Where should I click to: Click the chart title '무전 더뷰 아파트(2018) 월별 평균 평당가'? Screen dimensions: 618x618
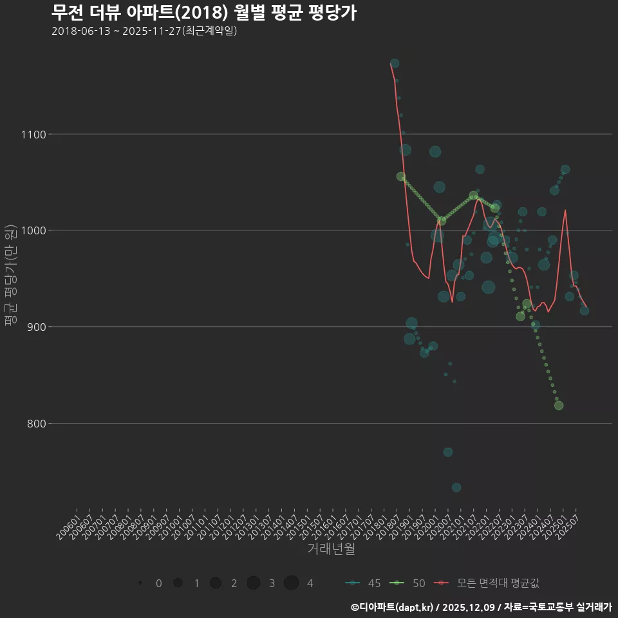pos(203,13)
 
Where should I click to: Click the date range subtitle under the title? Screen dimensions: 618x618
pos(144,31)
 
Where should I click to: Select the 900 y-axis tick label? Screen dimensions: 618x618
pos(33,327)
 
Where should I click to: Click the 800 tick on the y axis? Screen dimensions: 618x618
pos(33,424)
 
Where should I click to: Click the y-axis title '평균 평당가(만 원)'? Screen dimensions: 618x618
pos(10,276)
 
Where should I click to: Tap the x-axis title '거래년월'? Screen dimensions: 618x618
pos(331,549)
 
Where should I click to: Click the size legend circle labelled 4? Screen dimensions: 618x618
pos(291,583)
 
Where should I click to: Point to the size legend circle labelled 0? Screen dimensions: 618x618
pos(140,583)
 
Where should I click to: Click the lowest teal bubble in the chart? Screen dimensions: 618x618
pos(456,487)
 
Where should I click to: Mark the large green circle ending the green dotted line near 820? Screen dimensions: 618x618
pos(559,406)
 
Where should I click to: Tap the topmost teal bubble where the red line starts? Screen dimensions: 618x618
pos(395,63)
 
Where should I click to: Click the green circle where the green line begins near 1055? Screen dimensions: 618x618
pos(401,176)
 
